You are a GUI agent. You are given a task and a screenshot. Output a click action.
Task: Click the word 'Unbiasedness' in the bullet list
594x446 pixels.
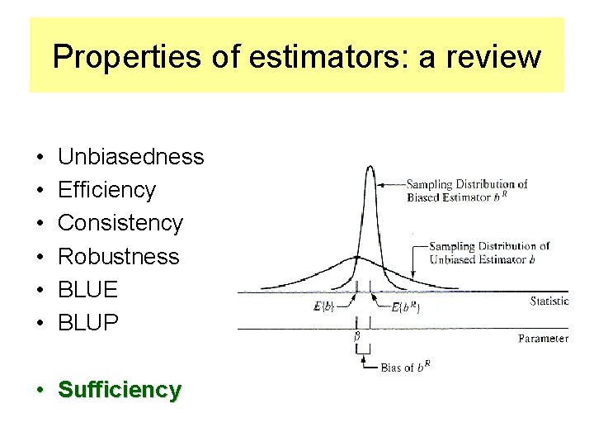coord(131,157)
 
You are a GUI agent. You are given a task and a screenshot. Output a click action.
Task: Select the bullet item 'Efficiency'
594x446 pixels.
coord(106,190)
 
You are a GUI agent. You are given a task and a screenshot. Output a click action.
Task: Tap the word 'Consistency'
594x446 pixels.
coord(120,223)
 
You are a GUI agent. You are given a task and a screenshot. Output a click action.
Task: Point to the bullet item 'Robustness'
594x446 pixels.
coord(118,256)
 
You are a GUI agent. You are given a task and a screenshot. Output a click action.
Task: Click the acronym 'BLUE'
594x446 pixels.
coord(88,289)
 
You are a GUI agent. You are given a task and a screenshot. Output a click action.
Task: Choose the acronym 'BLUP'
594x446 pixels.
coord(88,322)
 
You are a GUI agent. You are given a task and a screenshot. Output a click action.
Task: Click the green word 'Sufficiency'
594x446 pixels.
coord(120,389)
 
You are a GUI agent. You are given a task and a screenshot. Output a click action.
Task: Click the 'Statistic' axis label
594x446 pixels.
coord(549,301)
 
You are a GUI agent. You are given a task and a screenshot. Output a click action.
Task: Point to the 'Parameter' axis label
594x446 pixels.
coord(543,339)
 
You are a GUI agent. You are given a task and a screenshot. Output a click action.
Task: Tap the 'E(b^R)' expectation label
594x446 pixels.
coord(405,308)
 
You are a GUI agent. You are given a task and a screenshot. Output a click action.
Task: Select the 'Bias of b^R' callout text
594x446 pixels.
coord(409,368)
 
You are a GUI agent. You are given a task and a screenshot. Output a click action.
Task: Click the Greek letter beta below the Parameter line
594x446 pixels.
coord(356,338)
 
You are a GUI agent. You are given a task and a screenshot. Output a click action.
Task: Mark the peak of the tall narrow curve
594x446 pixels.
coord(370,168)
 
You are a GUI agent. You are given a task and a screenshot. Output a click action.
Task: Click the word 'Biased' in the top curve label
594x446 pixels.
coord(424,197)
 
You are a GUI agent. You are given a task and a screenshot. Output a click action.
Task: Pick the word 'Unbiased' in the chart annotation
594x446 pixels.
coord(450,259)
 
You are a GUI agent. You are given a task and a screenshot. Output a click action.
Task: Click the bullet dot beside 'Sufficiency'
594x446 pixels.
coord(40,390)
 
